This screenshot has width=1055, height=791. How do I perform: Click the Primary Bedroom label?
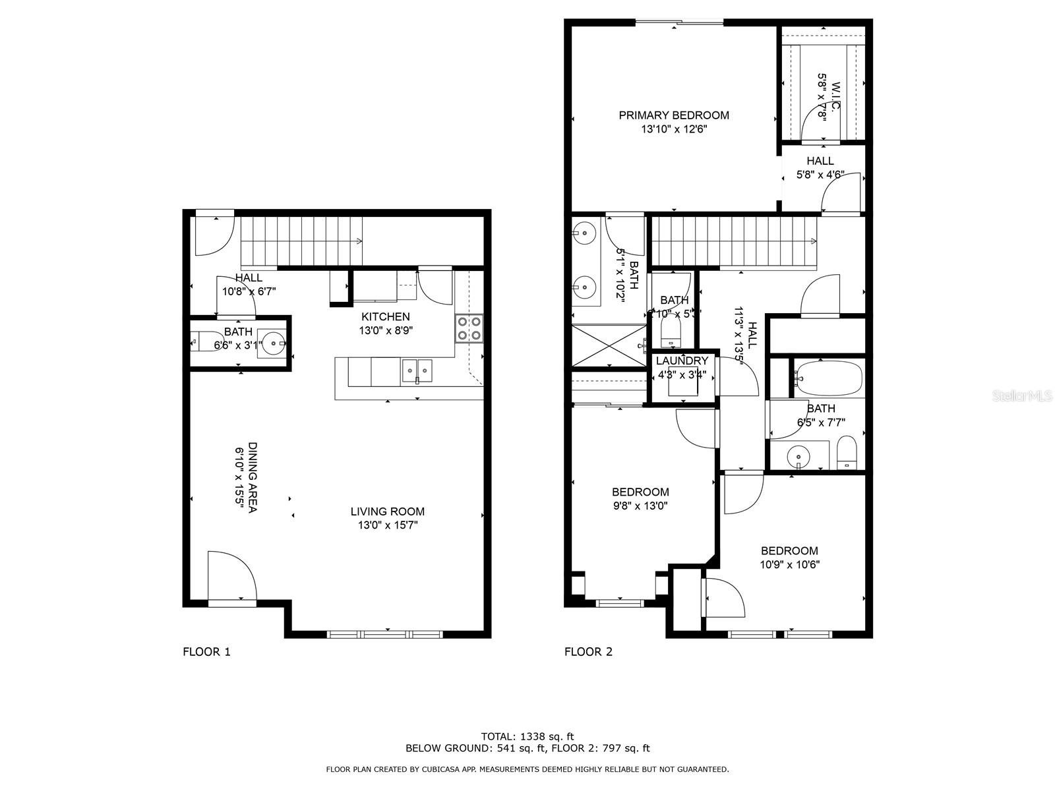point(673,115)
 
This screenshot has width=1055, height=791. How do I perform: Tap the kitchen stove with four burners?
point(469,328)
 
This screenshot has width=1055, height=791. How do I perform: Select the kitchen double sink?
point(417,371)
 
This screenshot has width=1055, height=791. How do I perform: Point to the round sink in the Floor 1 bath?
point(273,342)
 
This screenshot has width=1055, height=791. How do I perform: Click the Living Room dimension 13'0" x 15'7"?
point(387,525)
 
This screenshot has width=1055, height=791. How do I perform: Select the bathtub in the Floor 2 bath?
point(828,378)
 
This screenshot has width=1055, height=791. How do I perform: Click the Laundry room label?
point(682,361)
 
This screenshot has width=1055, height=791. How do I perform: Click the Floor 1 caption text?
point(206,652)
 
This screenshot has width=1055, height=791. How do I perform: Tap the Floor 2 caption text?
point(588,652)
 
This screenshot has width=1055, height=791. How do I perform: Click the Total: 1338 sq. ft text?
point(527,736)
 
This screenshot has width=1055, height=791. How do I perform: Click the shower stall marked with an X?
point(607,345)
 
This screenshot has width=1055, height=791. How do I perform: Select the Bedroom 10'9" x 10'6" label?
point(789,550)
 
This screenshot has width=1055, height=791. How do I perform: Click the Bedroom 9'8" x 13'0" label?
point(640,492)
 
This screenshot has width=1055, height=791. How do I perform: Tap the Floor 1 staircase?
point(301,241)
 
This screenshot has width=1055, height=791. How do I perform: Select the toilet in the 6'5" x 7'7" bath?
point(846,454)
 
